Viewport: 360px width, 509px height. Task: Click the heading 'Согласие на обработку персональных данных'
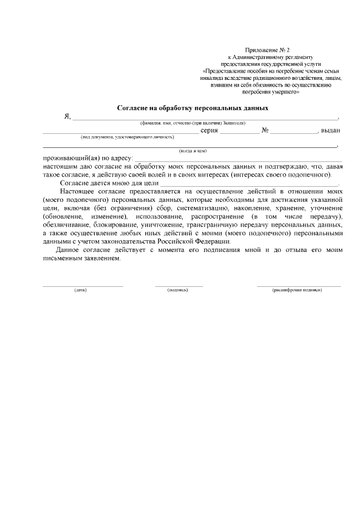(192, 107)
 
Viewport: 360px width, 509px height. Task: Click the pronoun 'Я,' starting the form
(67, 116)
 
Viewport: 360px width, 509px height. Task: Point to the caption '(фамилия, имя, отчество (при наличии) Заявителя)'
(192, 123)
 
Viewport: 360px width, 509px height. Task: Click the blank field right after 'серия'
(239, 131)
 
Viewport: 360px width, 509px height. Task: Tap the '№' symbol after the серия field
(264, 130)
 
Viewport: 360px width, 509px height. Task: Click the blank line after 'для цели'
(250, 183)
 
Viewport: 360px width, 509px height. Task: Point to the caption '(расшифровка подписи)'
(297, 290)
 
